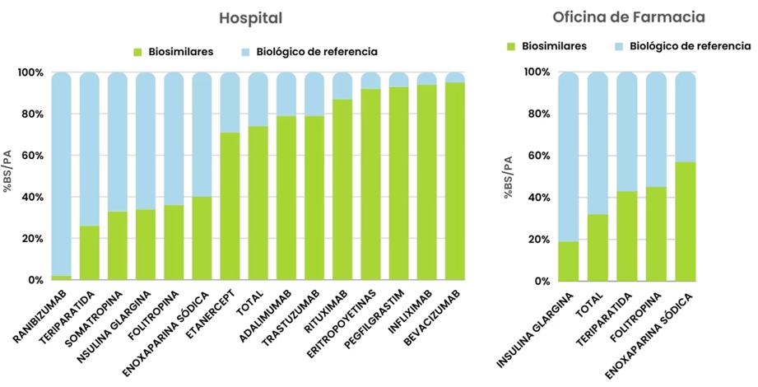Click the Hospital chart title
point(250,18)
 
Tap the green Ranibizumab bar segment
point(62,277)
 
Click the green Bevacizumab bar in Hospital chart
point(455,181)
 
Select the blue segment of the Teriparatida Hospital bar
point(90,148)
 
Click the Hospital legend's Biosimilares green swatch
point(137,52)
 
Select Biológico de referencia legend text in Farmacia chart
point(690,46)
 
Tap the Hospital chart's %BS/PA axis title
point(7,176)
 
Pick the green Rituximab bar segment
point(342,189)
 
